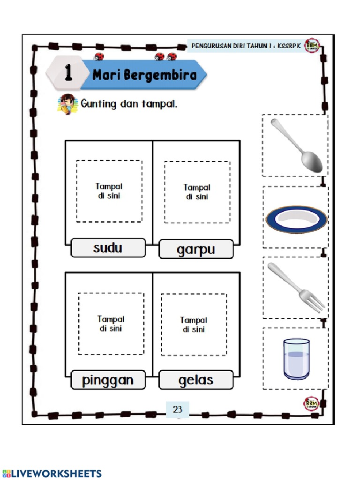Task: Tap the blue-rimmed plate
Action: (296, 218)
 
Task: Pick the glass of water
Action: (296, 359)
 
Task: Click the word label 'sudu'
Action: (108, 247)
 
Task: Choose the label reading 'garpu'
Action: (196, 249)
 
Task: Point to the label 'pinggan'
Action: (108, 380)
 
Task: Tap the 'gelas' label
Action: (196, 380)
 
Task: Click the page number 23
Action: (177, 409)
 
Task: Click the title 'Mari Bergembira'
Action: (144, 75)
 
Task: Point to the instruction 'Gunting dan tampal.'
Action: (129, 104)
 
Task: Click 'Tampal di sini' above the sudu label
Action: (109, 191)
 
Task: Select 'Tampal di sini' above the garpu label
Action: (197, 192)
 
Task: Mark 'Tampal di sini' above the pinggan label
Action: (111, 324)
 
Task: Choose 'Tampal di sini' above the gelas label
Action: (194, 325)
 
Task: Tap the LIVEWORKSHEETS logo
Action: (52, 473)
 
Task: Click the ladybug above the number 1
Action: (99, 57)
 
